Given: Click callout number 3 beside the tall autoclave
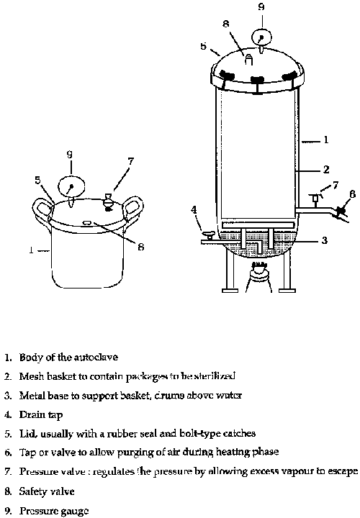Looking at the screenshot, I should tap(325, 240).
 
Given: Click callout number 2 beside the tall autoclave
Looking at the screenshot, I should tap(325, 170).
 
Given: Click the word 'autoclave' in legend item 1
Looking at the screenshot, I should tap(107, 357).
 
